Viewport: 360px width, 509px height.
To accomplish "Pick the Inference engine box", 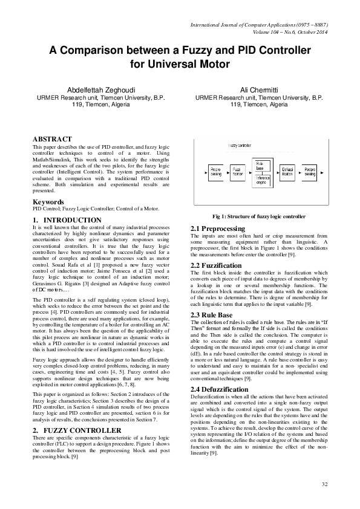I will click(263, 180).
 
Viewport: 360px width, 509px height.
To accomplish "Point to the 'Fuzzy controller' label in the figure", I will click(240, 146).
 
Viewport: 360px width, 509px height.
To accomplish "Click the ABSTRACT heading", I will click(51, 138).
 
